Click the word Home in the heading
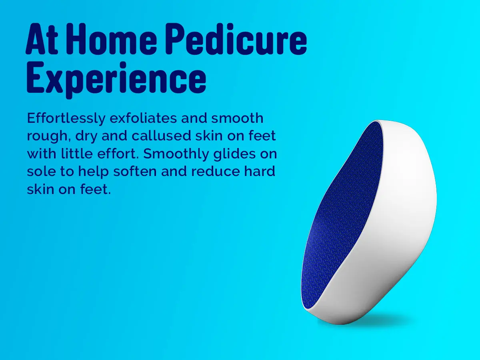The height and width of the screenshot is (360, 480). click(114, 39)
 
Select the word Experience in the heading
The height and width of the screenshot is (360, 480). click(116, 79)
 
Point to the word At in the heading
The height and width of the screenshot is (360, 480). click(42, 39)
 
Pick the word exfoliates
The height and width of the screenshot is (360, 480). click(143, 118)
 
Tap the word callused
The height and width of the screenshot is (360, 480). click(161, 136)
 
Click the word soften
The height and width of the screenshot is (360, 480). click(135, 171)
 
